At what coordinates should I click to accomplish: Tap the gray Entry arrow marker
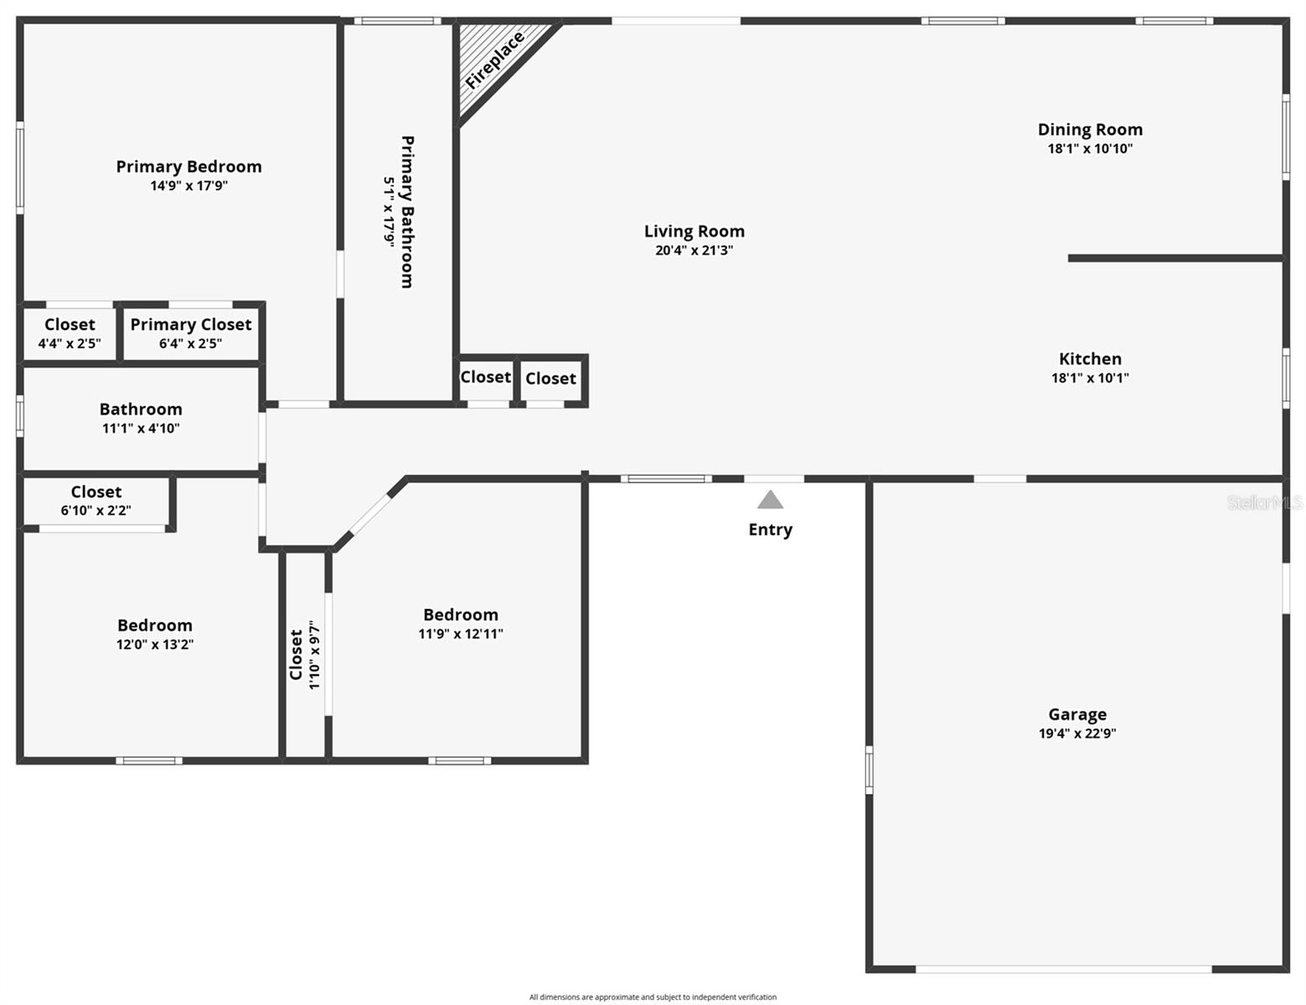point(770,500)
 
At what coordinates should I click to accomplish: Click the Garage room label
point(1077,714)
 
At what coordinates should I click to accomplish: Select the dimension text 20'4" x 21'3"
point(694,250)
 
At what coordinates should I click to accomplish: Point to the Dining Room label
point(1090,129)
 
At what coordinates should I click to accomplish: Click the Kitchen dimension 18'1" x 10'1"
point(1090,378)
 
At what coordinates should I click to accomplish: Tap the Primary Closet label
point(191,324)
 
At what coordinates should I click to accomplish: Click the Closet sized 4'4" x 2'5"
point(70,332)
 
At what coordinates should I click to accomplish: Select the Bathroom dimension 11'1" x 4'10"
point(141,428)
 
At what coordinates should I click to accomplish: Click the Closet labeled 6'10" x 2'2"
point(95,500)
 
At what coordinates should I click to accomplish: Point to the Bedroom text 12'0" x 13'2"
point(155,644)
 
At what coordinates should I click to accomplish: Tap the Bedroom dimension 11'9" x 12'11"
point(461,634)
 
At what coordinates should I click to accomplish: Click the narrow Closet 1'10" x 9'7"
point(305,655)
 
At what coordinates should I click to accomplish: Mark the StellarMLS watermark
point(1264,502)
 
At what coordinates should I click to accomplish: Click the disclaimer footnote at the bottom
point(653,997)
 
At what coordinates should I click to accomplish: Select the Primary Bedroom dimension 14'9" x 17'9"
point(188,186)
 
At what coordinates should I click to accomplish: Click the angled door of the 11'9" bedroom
point(369,516)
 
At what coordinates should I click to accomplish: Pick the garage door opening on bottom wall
point(1063,969)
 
